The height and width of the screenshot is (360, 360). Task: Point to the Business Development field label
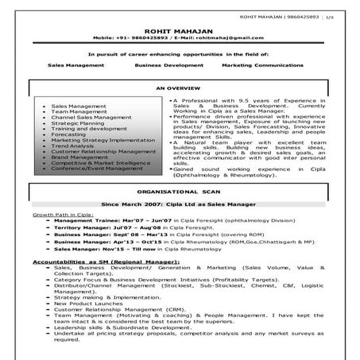[x=168, y=64]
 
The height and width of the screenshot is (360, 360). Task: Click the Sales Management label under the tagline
[x=76, y=64]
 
